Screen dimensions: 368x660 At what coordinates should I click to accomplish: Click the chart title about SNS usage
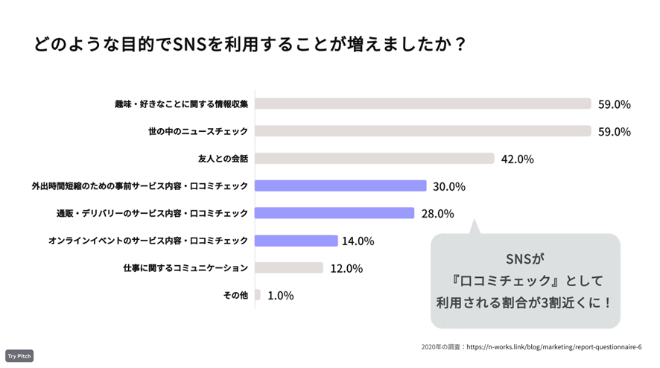point(250,44)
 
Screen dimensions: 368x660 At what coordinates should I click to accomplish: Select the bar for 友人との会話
point(374,158)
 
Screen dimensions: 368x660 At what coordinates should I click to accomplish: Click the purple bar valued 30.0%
point(340,185)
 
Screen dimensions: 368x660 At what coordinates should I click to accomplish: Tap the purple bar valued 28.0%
point(334,213)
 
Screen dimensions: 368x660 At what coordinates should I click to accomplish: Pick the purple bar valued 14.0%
point(296,241)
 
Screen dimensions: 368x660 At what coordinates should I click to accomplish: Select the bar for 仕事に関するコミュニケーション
point(288,267)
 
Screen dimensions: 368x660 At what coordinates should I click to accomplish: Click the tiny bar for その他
point(258,295)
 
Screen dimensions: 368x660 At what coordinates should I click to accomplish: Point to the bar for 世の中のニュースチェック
point(422,131)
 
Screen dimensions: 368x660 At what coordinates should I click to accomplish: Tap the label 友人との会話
point(222,159)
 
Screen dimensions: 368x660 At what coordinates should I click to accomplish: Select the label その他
point(235,296)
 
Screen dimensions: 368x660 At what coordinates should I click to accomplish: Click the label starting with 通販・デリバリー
point(152,214)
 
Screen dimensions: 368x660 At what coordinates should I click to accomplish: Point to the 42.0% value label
point(517,159)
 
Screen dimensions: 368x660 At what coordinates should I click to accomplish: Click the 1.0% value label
point(280,296)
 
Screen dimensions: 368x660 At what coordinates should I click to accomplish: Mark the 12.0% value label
point(346,268)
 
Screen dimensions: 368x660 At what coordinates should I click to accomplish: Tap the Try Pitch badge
point(19,356)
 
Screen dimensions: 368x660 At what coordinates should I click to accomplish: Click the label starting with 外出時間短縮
point(139,186)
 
